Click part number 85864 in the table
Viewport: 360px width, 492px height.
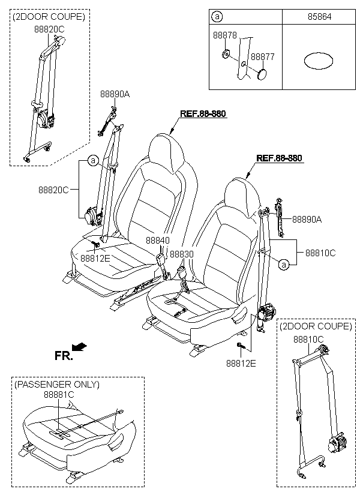(x=319, y=17)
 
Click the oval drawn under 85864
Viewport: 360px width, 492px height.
(x=318, y=60)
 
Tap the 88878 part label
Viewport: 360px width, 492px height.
(x=225, y=35)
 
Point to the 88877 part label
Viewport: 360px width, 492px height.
(x=262, y=57)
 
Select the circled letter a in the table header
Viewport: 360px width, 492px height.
(x=217, y=17)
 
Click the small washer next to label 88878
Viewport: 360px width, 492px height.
(x=226, y=55)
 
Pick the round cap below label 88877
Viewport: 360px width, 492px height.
(x=262, y=74)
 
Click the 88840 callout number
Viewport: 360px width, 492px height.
(x=158, y=241)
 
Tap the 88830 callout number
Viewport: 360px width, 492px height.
(x=182, y=254)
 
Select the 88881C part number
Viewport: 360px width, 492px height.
(x=59, y=395)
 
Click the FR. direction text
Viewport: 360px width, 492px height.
(x=64, y=356)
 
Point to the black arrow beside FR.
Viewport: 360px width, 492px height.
(x=79, y=346)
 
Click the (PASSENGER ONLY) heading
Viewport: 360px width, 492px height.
(x=57, y=384)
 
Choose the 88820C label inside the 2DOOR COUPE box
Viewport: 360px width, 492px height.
(x=49, y=29)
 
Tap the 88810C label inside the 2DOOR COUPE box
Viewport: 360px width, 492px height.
(x=308, y=339)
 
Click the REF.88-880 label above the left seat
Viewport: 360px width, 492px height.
(x=203, y=113)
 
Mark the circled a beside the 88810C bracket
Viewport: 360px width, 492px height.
(x=284, y=265)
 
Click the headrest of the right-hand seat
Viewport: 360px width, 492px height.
(x=242, y=197)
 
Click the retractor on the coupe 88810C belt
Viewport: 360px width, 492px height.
(x=337, y=445)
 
